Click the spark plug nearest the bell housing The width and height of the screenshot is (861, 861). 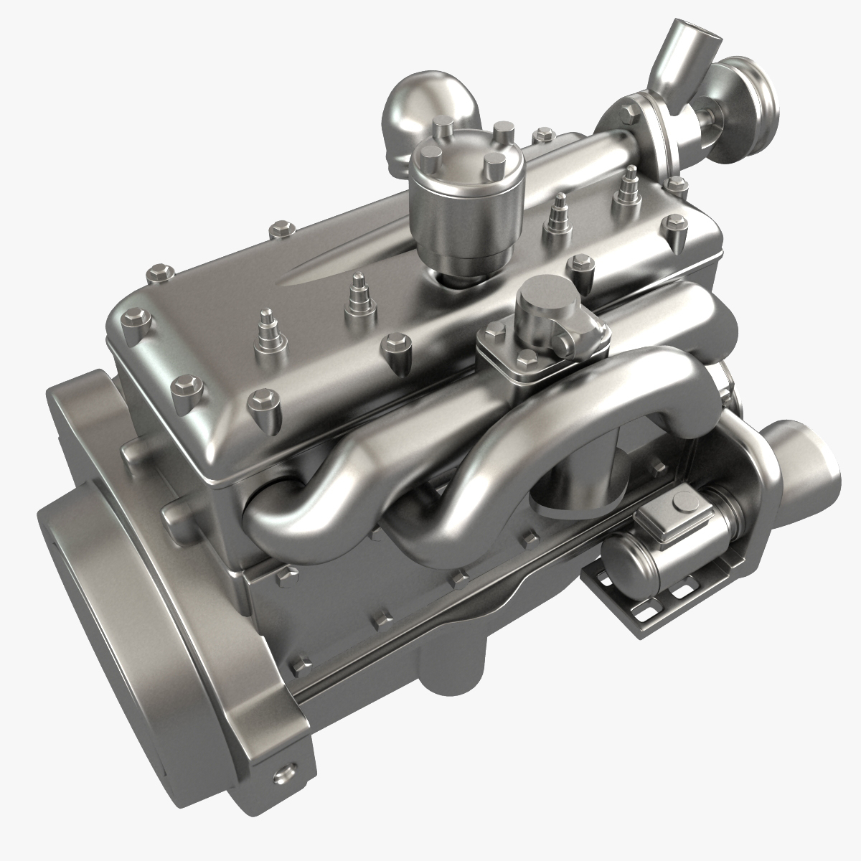tap(267, 324)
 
